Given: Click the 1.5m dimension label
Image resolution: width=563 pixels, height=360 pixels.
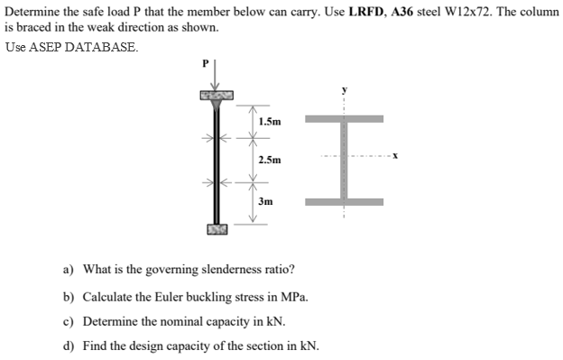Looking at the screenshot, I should click(x=269, y=120).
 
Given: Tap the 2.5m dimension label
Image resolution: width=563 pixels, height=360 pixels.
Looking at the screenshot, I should click(x=269, y=160).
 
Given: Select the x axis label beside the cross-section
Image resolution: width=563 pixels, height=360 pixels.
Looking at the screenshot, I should click(x=395, y=159).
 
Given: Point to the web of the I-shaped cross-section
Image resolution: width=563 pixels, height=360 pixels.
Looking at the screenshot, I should click(x=344, y=160).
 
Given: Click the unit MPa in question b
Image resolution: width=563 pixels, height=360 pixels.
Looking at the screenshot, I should click(x=295, y=295).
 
